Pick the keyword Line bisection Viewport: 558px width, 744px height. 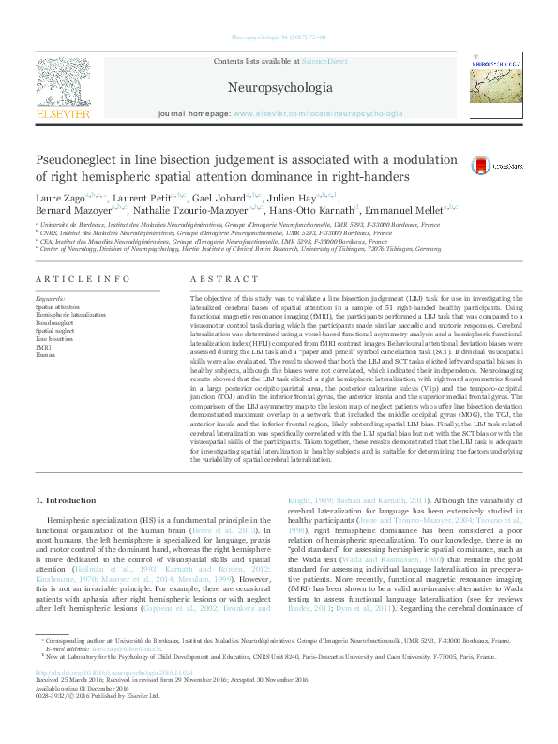tap(54, 338)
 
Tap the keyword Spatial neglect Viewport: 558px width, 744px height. tap(55, 331)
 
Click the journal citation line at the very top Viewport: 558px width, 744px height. tap(279, 37)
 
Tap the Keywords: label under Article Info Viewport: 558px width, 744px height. tap(52, 299)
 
